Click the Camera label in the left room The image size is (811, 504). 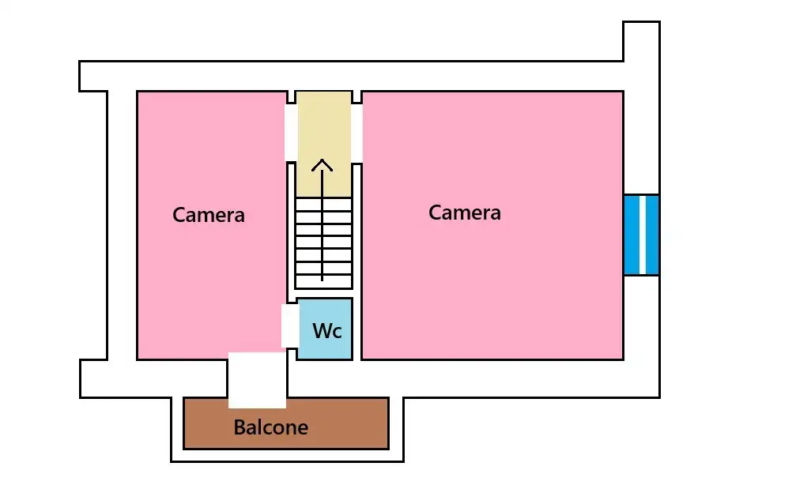point(209,215)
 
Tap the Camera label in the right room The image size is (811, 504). point(465,213)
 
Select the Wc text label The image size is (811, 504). point(327,331)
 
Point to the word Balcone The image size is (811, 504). point(270,428)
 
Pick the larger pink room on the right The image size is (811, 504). point(492,284)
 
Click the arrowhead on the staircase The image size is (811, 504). point(322,166)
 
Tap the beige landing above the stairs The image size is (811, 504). point(324,126)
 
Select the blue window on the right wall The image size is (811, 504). point(641,235)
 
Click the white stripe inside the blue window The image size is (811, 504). point(642,235)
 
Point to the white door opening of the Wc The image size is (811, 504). point(290,325)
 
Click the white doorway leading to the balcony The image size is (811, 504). point(257,380)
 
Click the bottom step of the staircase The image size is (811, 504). point(323,281)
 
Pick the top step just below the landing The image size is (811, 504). point(323,204)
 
